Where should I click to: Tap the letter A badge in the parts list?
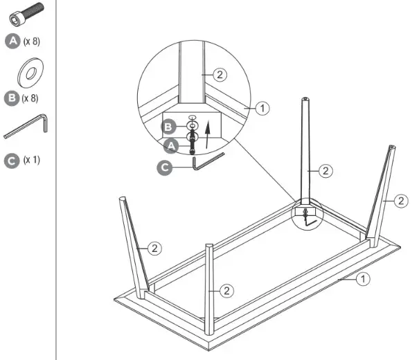point(12,41)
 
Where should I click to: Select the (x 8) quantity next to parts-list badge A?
point(32,42)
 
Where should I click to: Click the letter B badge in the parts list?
point(12,98)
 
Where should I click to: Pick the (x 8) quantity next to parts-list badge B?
point(30,98)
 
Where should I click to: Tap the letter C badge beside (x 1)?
point(12,160)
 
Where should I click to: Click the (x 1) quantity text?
point(32,160)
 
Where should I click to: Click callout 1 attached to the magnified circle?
point(261,108)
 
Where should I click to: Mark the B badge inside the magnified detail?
point(170,127)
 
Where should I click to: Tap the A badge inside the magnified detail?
point(170,146)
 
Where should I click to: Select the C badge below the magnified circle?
point(165,167)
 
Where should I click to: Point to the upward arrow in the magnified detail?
point(206,129)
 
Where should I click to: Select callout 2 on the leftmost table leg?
point(155,247)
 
